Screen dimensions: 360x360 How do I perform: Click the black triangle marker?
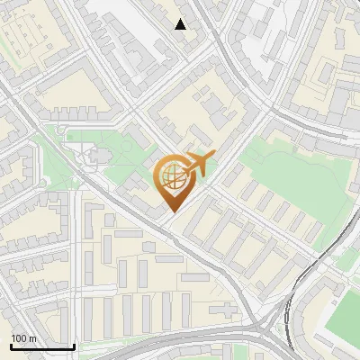(181, 24)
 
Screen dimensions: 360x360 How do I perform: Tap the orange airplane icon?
(199, 164)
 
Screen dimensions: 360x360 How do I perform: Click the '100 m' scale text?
(23, 338)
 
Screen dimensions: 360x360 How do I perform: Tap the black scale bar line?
(41, 346)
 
